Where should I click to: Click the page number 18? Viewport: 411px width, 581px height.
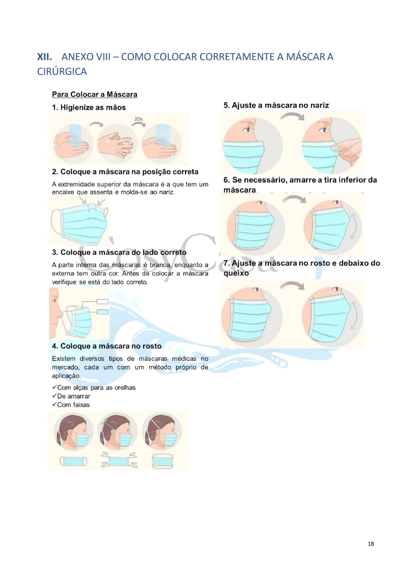(x=371, y=544)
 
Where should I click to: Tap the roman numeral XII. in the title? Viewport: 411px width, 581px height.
(x=45, y=57)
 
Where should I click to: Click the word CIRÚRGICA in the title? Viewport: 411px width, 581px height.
(x=62, y=72)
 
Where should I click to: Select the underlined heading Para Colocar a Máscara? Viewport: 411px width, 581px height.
(x=95, y=94)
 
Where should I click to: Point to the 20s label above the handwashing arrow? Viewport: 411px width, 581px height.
(x=138, y=119)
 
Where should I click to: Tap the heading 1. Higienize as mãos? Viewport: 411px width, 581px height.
(x=89, y=108)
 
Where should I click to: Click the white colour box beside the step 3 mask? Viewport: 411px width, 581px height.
(x=103, y=302)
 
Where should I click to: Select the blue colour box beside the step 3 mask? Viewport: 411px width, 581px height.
(x=103, y=312)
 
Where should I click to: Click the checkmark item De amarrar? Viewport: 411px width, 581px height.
(x=71, y=396)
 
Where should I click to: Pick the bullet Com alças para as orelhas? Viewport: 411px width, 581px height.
(x=94, y=387)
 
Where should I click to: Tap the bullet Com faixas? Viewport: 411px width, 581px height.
(x=71, y=405)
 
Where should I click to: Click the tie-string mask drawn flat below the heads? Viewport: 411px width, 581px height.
(x=119, y=462)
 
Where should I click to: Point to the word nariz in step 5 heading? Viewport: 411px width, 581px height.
(x=320, y=105)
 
